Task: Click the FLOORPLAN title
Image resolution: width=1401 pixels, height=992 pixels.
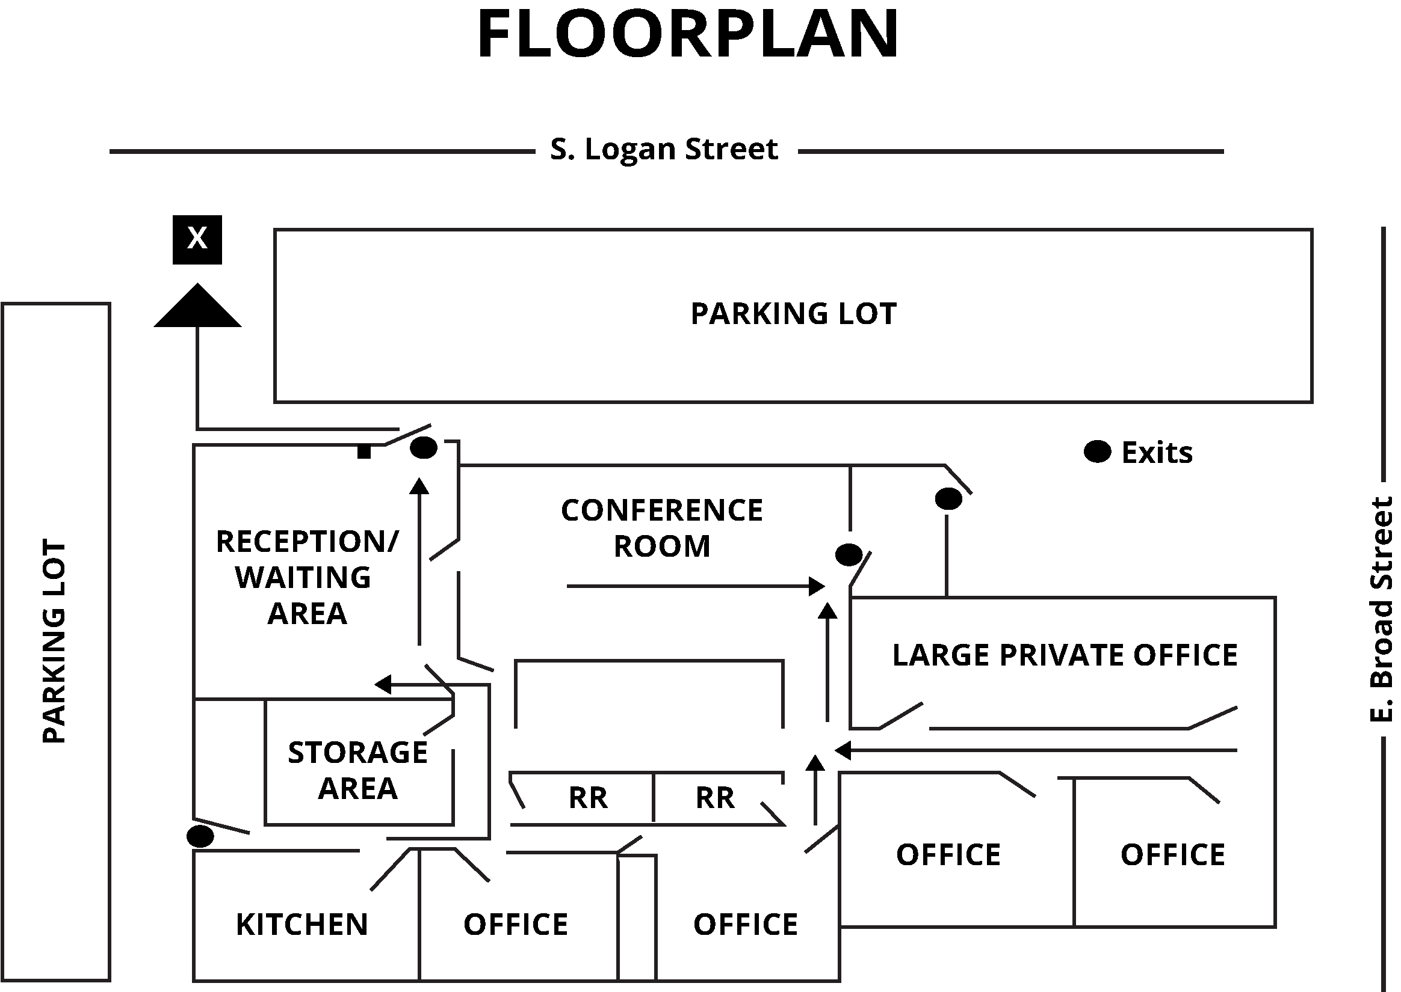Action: click(x=688, y=35)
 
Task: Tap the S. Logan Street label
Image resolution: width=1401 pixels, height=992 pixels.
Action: click(x=664, y=150)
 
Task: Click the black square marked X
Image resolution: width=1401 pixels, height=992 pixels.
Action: click(x=197, y=239)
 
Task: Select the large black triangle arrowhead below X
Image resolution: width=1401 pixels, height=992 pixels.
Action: click(x=197, y=307)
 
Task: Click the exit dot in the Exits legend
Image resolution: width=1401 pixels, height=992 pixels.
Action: click(x=1097, y=452)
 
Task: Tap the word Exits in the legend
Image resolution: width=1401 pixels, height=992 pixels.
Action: click(x=1157, y=453)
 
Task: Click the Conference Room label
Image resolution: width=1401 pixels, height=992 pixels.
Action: click(x=662, y=528)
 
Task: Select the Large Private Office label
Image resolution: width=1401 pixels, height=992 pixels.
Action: click(x=1065, y=655)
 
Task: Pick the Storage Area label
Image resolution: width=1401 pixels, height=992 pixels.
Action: click(x=358, y=770)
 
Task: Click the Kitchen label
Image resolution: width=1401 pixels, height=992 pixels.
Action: click(x=302, y=924)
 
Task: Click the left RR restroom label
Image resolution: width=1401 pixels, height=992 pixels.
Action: click(x=588, y=798)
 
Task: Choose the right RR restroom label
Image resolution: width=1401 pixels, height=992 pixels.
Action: click(x=714, y=798)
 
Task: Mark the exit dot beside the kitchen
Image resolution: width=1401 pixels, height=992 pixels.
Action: click(x=200, y=836)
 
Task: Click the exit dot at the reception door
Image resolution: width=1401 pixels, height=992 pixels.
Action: click(x=424, y=448)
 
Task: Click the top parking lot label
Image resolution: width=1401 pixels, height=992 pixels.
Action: click(x=793, y=314)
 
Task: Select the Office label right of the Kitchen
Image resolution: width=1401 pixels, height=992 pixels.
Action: click(x=516, y=924)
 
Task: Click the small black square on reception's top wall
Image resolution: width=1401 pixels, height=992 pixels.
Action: click(x=363, y=452)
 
